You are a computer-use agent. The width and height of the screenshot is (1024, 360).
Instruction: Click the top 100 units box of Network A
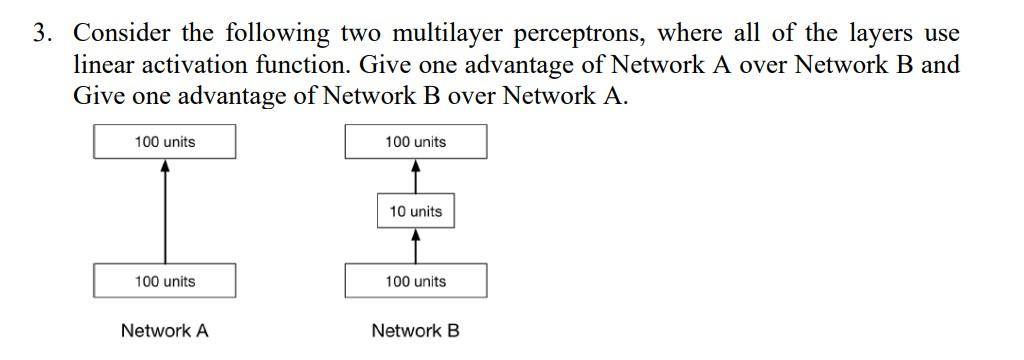click(x=165, y=142)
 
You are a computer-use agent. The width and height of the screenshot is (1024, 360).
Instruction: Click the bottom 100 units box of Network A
click(x=165, y=281)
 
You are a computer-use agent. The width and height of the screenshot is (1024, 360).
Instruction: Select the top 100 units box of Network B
click(x=416, y=142)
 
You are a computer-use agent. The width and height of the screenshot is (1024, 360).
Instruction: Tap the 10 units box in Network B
click(x=416, y=211)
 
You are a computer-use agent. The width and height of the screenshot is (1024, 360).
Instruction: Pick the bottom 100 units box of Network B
click(x=416, y=281)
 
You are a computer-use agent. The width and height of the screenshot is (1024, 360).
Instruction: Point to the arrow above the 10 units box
click(x=416, y=176)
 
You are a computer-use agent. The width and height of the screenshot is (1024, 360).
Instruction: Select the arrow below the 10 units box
click(x=416, y=246)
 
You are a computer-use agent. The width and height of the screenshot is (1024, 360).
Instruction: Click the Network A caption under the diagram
click(x=165, y=331)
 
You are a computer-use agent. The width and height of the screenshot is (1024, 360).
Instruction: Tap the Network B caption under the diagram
click(x=416, y=331)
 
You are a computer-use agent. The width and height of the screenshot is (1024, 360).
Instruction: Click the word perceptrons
click(x=583, y=35)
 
